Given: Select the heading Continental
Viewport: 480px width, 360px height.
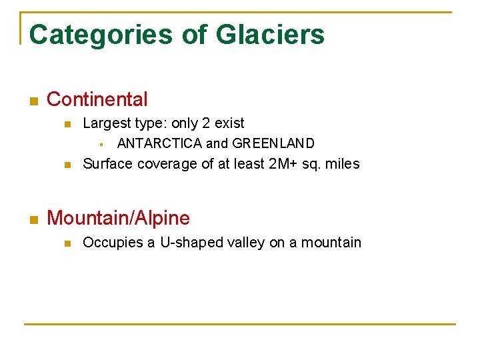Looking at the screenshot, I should coord(97,100).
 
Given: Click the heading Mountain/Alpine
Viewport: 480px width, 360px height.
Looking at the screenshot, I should coord(118,218).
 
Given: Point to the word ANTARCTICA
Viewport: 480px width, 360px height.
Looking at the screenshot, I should coord(159,143).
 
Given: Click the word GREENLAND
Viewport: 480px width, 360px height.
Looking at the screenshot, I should coord(273,143).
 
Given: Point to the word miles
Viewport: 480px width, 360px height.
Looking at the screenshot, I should coord(343,164).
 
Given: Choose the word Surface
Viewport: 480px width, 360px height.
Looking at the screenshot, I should coord(107,164).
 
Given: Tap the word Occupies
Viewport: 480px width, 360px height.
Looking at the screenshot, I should coord(109,243).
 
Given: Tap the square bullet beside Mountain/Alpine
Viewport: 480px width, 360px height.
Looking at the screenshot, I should coord(34,219).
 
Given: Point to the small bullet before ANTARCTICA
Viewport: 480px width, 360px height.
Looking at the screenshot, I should coord(99,144).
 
